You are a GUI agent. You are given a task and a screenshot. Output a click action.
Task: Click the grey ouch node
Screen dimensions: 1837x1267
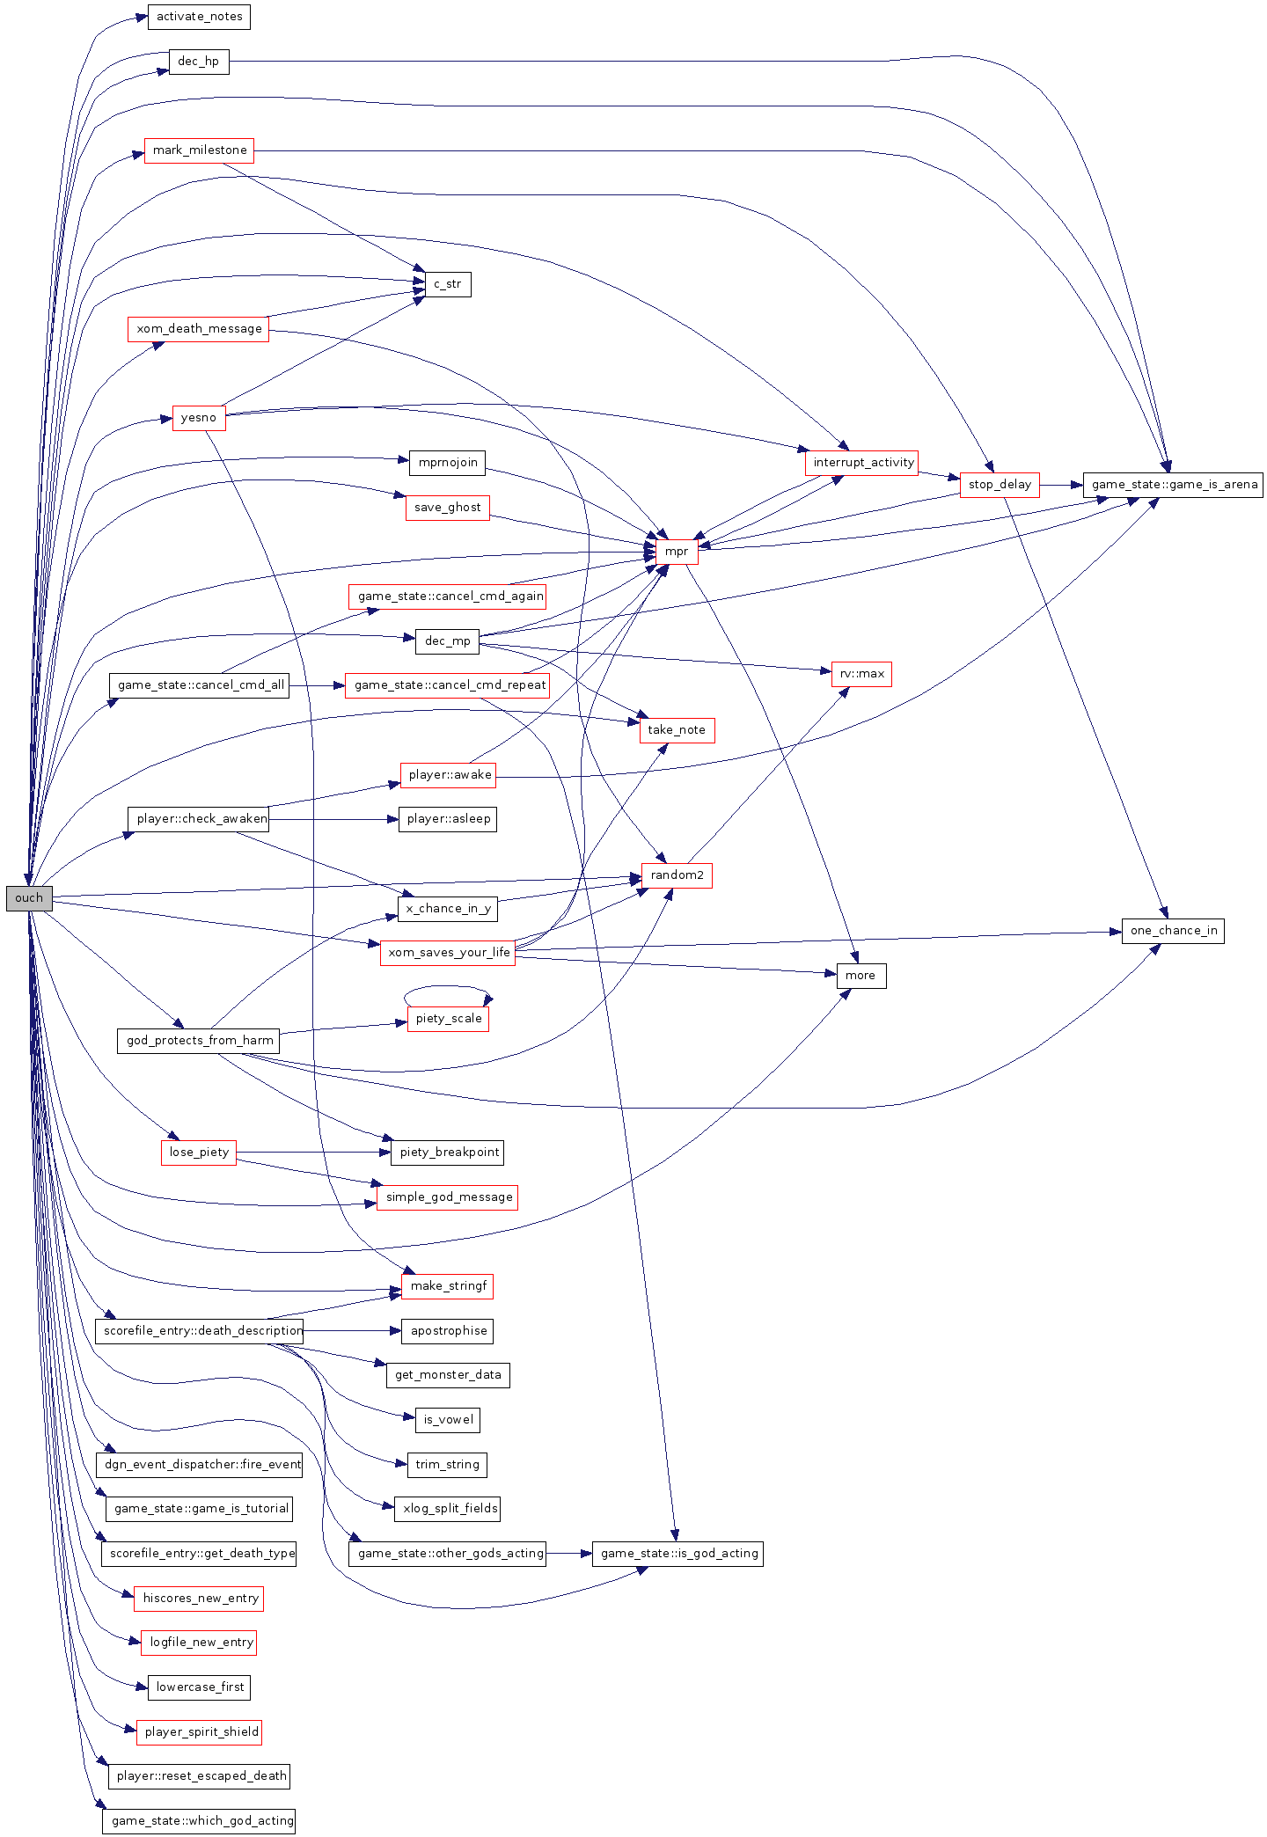[29, 898]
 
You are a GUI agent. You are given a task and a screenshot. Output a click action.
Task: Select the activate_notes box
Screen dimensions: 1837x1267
[199, 17]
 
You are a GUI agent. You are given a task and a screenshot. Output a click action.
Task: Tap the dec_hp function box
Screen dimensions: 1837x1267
[199, 62]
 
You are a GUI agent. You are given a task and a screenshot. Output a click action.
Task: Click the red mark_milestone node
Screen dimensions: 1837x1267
[200, 150]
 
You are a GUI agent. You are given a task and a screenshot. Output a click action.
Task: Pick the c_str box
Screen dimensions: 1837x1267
[448, 284]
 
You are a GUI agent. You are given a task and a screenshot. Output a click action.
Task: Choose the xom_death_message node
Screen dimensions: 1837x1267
[199, 329]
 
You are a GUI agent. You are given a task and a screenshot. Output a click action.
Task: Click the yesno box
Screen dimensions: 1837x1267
[199, 418]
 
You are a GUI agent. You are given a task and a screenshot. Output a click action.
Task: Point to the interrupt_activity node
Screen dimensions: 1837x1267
[862, 463]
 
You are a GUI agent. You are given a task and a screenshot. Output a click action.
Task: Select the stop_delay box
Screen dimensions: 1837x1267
[1000, 485]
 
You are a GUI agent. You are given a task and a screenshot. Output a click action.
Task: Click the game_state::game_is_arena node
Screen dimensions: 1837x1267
[1174, 485]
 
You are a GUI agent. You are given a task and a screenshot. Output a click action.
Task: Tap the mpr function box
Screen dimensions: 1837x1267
[677, 552]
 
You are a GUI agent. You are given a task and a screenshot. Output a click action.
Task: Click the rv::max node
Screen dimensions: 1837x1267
[861, 674]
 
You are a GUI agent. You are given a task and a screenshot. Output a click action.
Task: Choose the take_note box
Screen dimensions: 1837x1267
[677, 730]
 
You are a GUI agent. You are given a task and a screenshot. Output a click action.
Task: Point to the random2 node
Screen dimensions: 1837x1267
[677, 875]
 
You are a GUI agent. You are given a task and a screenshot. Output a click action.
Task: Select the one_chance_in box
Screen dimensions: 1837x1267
[1173, 931]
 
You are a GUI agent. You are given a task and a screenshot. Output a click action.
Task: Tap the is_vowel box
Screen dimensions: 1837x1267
[448, 1420]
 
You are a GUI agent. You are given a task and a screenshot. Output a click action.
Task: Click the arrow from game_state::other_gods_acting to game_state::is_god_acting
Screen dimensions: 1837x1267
[570, 1554]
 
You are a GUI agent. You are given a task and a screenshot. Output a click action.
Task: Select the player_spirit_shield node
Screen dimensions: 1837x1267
[201, 1732]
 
